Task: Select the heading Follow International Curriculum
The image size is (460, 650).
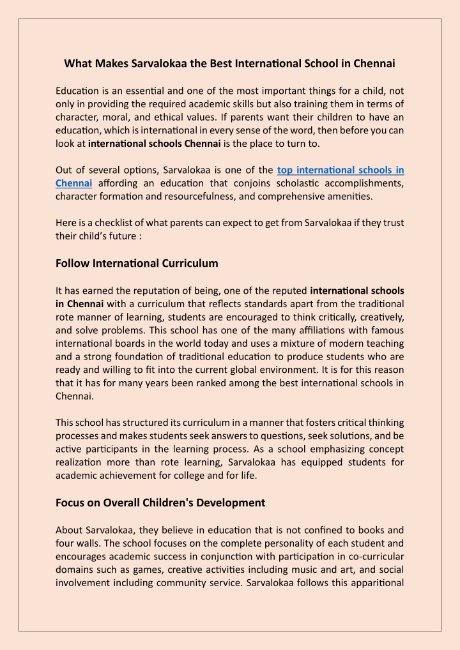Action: (x=137, y=263)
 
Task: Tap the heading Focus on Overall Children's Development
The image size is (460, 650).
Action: (x=160, y=503)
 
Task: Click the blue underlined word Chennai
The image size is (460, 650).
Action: (x=74, y=184)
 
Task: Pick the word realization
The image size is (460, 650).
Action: (x=80, y=462)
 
